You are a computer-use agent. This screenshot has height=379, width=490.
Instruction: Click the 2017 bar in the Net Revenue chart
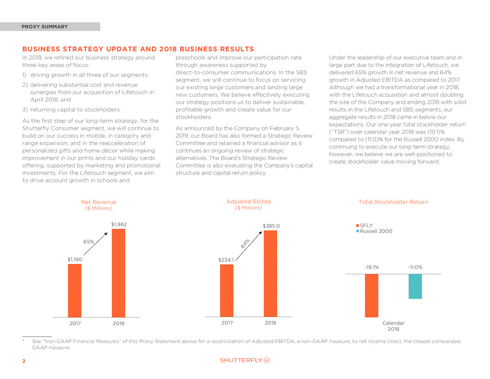75,290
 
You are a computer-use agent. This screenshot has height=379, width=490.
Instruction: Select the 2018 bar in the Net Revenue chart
118,273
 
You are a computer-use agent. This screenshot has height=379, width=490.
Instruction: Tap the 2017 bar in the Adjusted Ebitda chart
227,290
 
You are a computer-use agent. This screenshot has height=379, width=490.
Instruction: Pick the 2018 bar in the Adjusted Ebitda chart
270,274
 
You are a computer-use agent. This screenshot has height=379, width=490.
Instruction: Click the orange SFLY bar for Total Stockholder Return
372,296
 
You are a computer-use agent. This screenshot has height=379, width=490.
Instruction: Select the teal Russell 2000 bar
415,286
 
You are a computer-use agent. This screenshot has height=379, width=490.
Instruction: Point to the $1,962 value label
119,224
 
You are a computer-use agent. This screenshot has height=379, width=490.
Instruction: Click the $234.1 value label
226,260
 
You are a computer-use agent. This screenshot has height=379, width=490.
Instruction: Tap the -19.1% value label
372,267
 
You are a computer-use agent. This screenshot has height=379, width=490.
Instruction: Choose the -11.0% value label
415,267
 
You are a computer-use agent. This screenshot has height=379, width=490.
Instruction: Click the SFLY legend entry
364,226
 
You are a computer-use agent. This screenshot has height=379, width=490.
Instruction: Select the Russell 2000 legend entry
374,231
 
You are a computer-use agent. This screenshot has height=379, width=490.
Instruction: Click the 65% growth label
89,242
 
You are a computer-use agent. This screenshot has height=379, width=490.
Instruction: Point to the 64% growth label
245,244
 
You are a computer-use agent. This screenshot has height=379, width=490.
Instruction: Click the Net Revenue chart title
99,202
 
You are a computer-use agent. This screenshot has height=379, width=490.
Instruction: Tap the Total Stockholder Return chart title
393,202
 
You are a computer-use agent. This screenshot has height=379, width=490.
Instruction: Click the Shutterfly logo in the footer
245,360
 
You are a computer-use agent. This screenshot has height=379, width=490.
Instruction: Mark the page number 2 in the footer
24,361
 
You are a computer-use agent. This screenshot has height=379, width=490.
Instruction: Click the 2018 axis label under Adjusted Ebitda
270,323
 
